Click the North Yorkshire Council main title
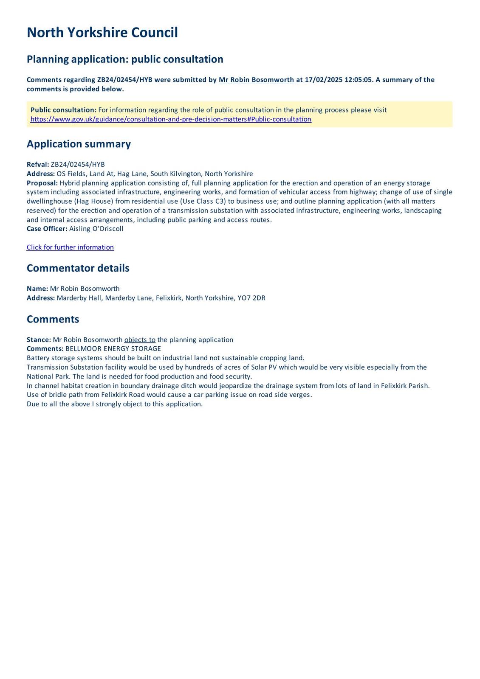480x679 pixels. point(102,33)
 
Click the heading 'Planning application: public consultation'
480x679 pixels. point(125,59)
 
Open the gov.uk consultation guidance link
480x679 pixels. point(171,119)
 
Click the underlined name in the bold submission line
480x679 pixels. point(256,80)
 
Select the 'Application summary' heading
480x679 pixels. point(79,144)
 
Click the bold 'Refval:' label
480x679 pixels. point(38,165)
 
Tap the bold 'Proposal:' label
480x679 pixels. point(42,183)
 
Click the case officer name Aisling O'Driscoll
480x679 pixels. point(96,229)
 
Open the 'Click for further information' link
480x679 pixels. point(70,247)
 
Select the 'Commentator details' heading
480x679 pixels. point(78,268)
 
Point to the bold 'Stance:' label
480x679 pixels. point(39,340)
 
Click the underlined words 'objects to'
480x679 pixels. point(140,340)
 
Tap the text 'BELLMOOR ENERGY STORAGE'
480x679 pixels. point(113,349)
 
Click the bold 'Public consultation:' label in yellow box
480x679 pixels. point(63,110)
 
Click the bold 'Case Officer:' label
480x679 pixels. point(47,229)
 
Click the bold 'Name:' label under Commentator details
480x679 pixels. point(37,289)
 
